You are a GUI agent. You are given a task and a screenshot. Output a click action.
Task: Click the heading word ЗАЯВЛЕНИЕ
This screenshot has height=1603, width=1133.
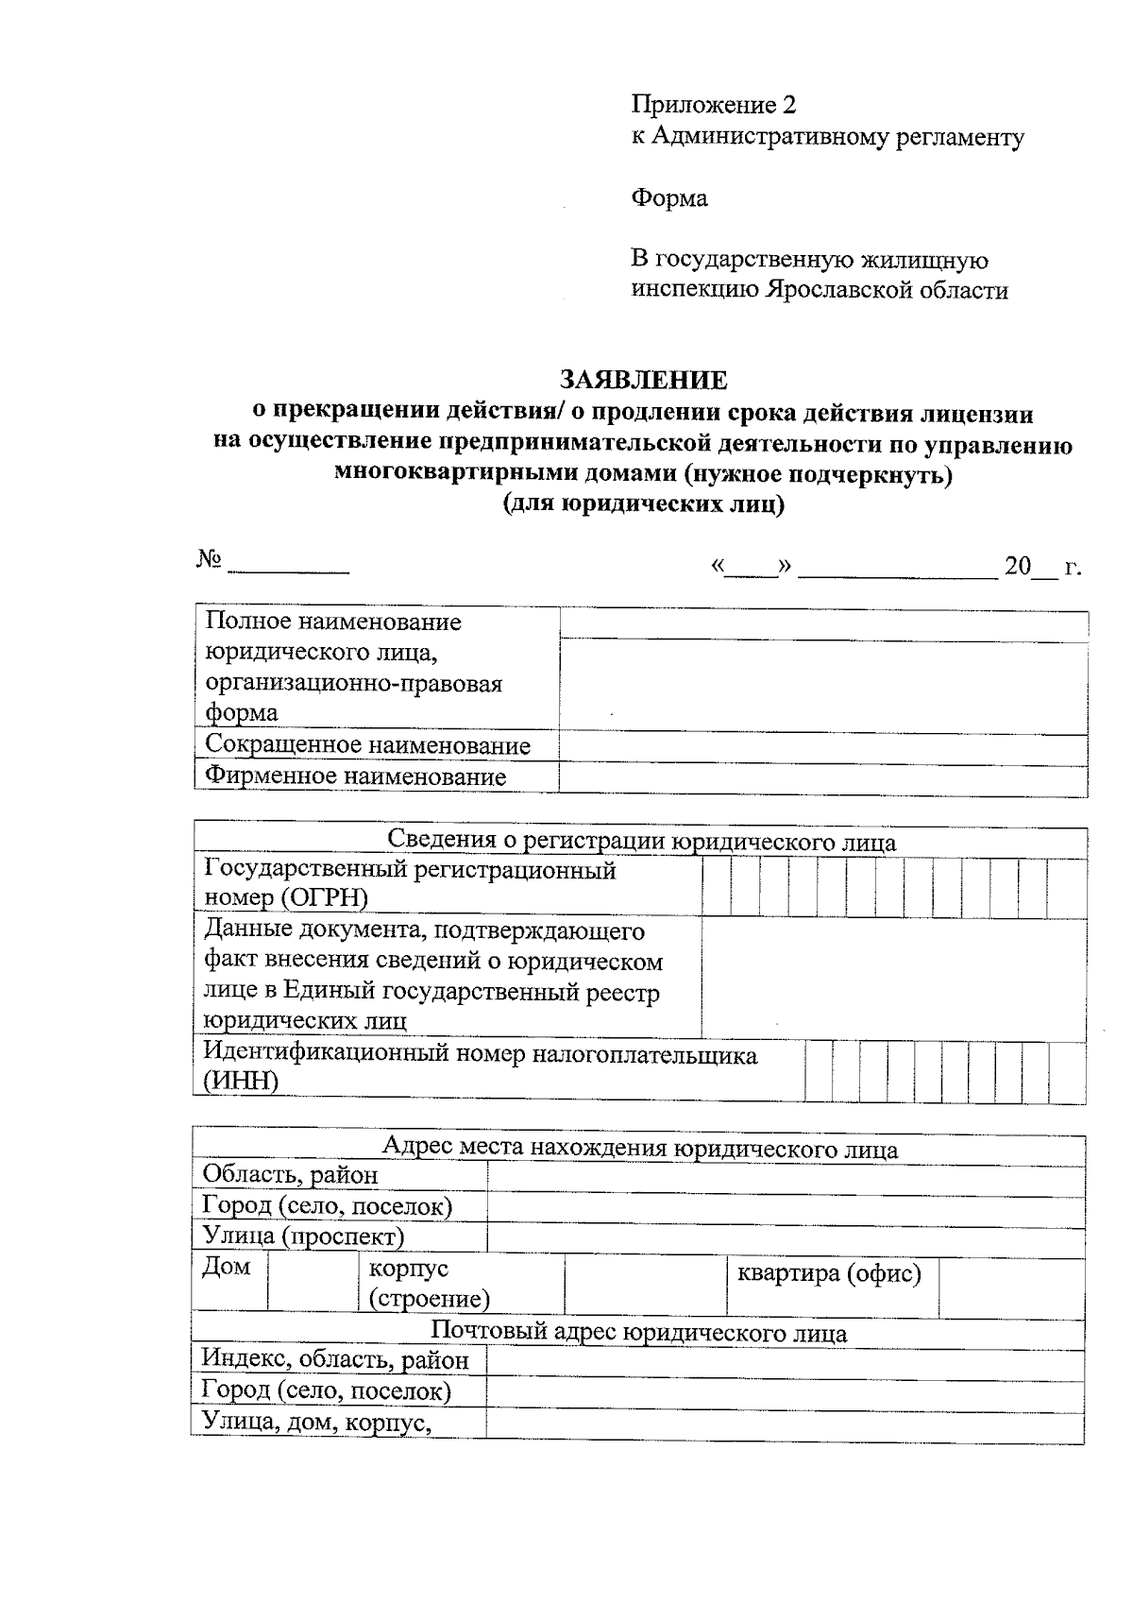(x=643, y=381)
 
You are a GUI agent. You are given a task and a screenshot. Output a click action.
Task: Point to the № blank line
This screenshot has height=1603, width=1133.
(x=288, y=568)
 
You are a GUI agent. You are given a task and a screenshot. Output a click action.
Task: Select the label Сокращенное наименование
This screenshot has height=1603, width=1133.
(x=367, y=745)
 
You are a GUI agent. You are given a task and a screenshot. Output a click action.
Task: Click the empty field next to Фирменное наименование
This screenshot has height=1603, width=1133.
(x=822, y=777)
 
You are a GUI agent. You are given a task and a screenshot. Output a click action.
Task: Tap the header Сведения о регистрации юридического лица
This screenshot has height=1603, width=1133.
(x=642, y=841)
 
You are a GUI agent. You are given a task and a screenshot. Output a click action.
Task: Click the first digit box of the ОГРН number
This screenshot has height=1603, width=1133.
(x=716, y=887)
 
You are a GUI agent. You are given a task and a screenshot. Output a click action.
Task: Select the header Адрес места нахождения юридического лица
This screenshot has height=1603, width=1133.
(x=639, y=1149)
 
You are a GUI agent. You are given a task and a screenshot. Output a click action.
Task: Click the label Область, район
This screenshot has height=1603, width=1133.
(x=290, y=1174)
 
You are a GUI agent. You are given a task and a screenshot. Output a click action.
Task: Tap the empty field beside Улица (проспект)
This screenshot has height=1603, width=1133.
(x=785, y=1237)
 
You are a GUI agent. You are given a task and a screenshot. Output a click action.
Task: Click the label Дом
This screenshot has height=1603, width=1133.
(x=227, y=1267)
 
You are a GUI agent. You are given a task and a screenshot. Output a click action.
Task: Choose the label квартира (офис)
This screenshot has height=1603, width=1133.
(x=828, y=1273)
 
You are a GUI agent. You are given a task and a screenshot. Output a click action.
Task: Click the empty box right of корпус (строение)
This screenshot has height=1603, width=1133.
(x=645, y=1282)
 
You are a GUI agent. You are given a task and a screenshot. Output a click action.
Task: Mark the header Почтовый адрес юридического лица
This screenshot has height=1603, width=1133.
(x=639, y=1332)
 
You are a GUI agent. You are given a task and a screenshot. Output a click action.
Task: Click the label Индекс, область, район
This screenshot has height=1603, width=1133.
(x=335, y=1360)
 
